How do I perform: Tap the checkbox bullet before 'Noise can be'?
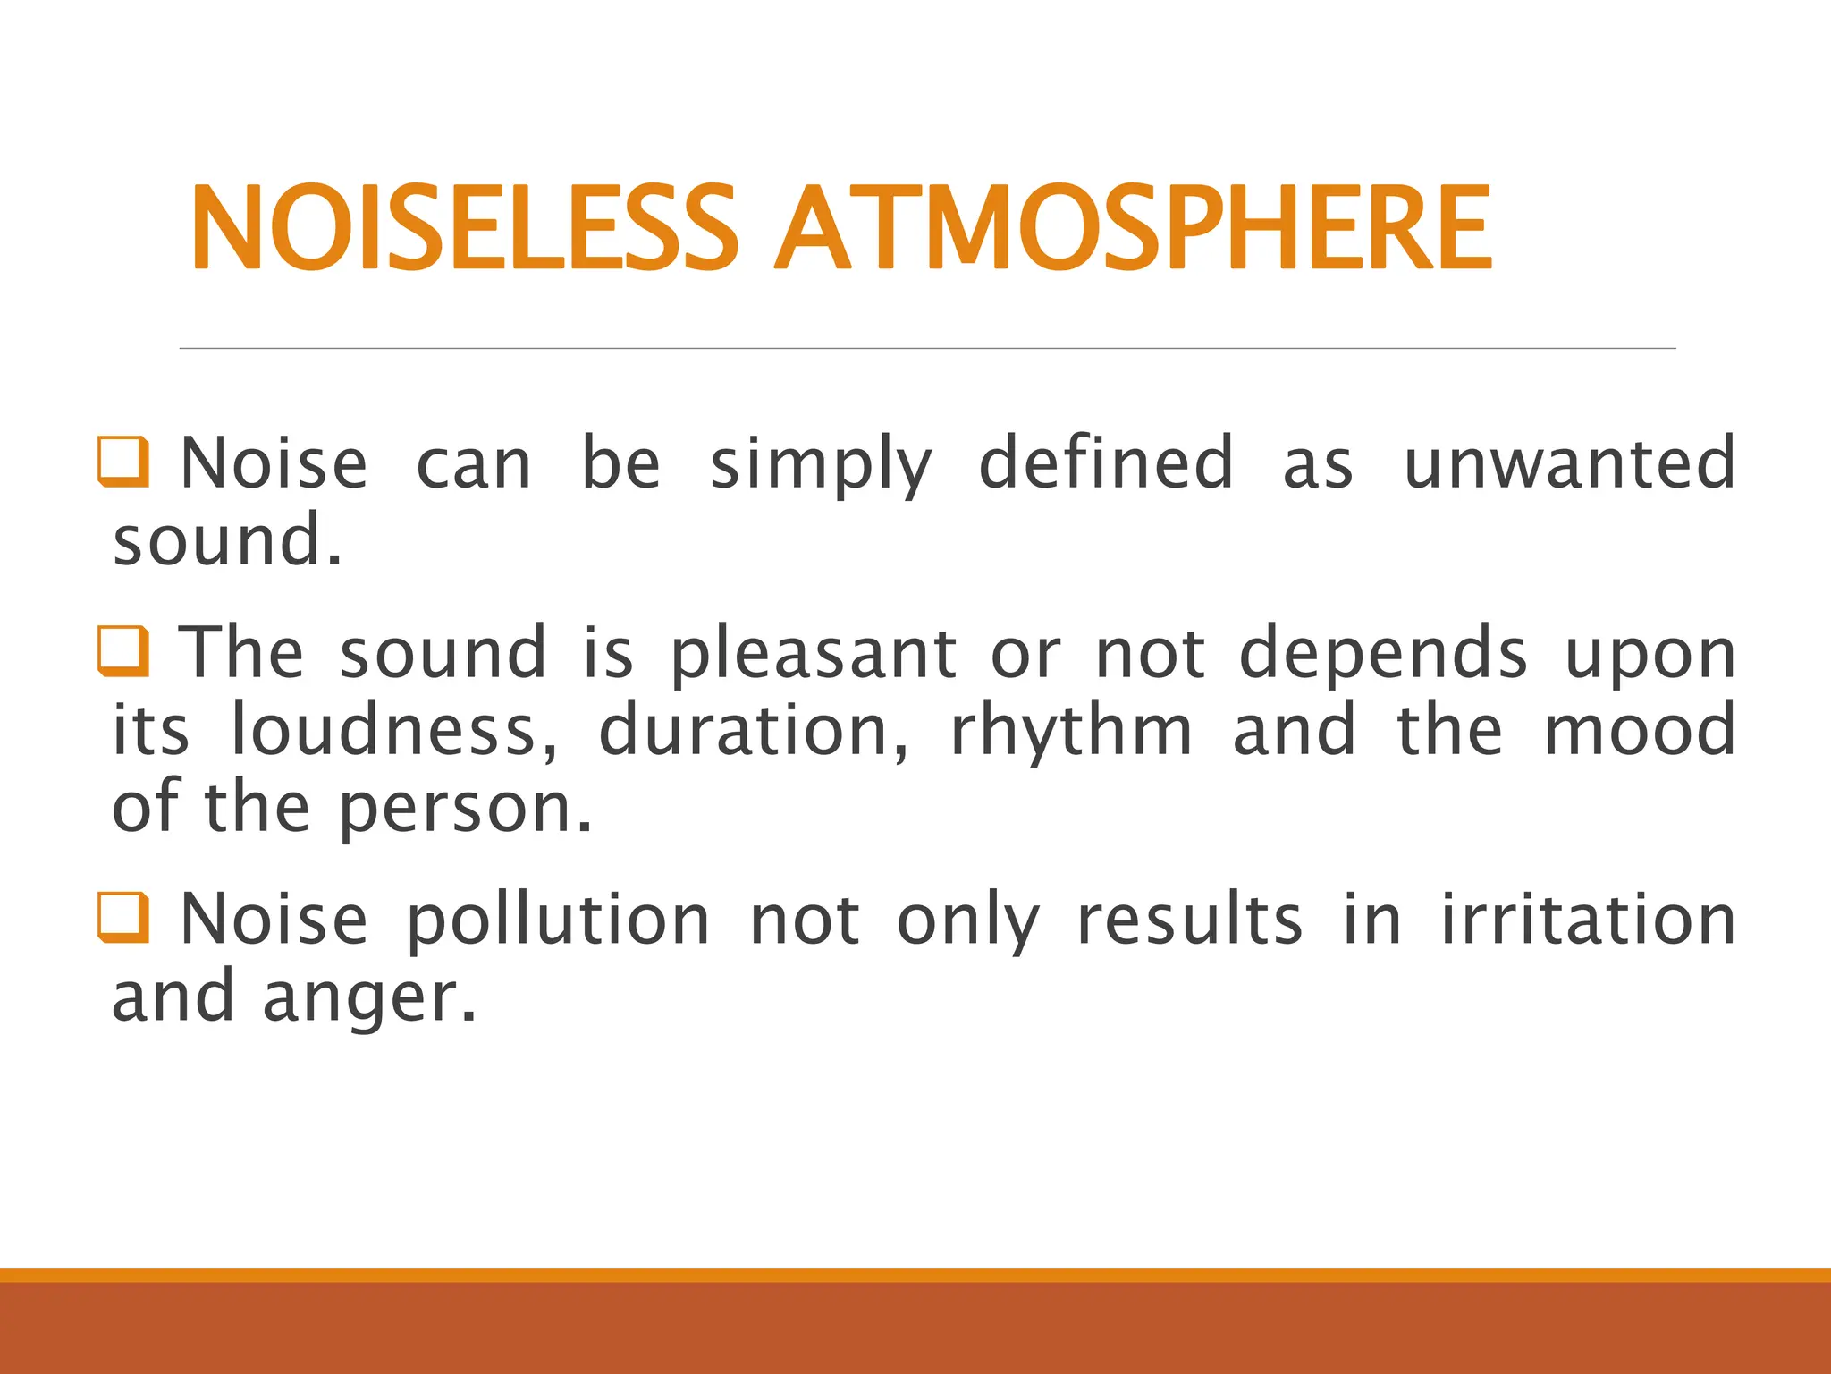pyautogui.click(x=123, y=462)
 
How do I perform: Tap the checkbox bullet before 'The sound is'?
pyautogui.click(x=123, y=651)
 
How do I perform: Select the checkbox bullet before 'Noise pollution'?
pyautogui.click(x=123, y=918)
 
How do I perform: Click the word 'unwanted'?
pyautogui.click(x=1570, y=463)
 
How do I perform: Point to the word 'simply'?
pyautogui.click(x=821, y=467)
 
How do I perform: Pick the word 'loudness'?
pyautogui.click(x=394, y=730)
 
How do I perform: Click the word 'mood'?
pyautogui.click(x=1640, y=730)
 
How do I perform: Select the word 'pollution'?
pyautogui.click(x=559, y=921)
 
